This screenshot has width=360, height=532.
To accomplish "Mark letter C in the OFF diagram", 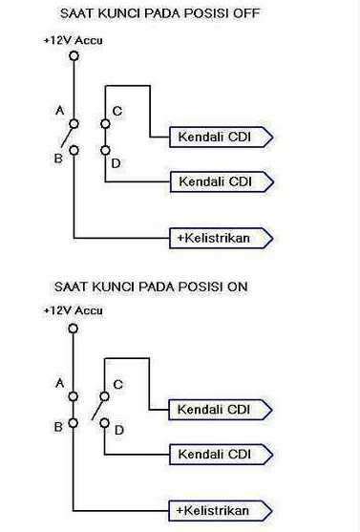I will pos(117,112).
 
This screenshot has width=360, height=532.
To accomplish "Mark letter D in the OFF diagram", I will pos(116,165).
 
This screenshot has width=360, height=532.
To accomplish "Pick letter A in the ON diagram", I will pos(58,383).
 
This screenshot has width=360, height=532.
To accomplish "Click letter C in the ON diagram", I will pos(117,384).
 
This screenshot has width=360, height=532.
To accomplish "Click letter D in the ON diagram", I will pos(117,432).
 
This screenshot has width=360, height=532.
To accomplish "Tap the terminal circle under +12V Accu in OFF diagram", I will pos(74,57).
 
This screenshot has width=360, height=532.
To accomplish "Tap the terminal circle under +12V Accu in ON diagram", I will pos(74,326).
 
